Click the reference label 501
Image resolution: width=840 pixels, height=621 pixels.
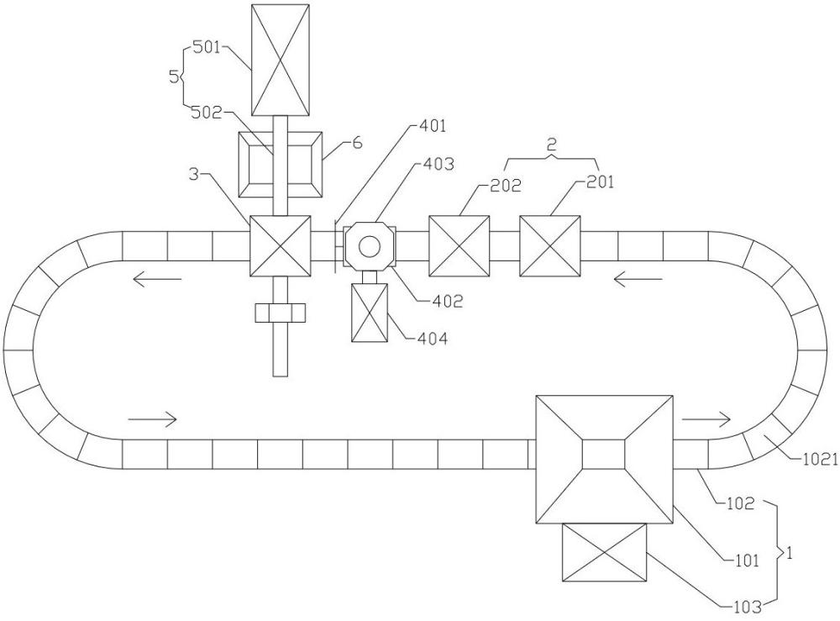pos(207,48)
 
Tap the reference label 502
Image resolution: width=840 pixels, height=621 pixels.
pos(207,113)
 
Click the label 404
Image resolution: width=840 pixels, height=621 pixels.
pos(433,339)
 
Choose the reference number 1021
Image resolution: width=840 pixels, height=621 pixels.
pos(821,459)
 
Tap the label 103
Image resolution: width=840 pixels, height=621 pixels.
pos(748,607)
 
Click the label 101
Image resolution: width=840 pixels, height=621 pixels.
pos(746,560)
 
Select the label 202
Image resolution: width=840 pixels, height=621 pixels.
pos(506,186)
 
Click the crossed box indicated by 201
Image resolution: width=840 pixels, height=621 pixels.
pos(549,246)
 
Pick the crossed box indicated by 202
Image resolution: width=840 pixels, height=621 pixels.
pos(459,246)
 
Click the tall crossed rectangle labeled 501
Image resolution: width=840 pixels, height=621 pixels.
pos(281,60)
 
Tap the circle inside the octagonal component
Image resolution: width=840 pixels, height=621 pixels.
pos(369,246)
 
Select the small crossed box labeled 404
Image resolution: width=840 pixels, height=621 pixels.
pos(369,313)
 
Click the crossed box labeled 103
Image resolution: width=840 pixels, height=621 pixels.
pos(604,552)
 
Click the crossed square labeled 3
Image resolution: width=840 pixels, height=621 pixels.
pos(281,246)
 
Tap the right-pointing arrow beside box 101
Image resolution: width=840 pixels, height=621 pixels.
pos(706,419)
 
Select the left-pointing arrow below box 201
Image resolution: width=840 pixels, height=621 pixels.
pos(638,279)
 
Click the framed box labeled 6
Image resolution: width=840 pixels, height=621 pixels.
pos(281,165)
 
